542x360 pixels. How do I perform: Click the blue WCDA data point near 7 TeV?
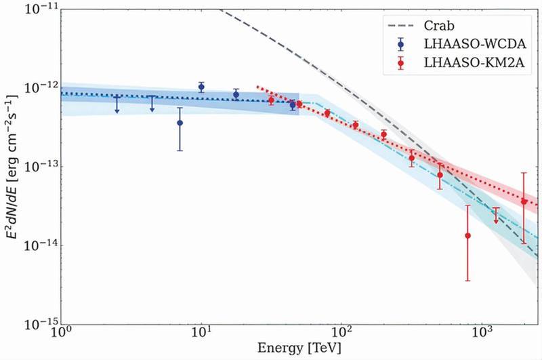[x=180, y=123]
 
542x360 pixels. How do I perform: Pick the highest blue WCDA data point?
[x=201, y=87]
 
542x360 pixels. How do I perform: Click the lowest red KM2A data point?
[x=467, y=235]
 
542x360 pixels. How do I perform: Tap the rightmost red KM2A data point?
[x=524, y=201]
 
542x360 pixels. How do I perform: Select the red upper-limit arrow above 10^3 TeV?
[x=496, y=216]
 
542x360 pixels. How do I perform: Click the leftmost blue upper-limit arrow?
[x=117, y=104]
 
